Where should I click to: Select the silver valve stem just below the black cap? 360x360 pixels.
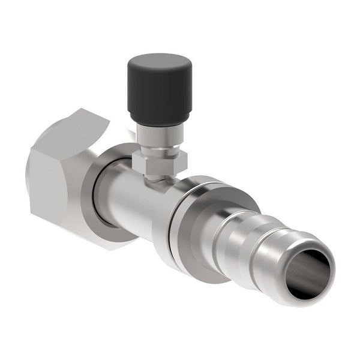(x=158, y=136)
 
